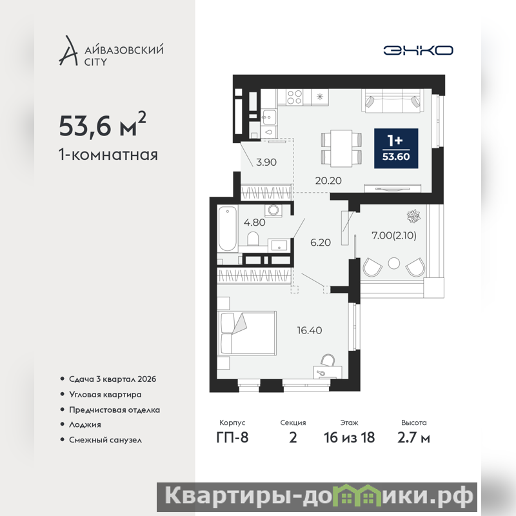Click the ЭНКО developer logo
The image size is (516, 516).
coord(418,50)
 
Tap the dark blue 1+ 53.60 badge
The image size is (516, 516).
coord(396,148)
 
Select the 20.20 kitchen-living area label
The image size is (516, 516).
coord(328,181)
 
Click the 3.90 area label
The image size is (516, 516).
coord(266,162)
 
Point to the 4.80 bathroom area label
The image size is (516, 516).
coord(254,223)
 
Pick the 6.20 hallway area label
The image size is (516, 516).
coord(321,243)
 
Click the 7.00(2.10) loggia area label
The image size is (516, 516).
coord(394,235)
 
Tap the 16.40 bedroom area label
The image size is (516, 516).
coord(310,330)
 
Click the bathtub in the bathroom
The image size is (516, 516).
coord(228,229)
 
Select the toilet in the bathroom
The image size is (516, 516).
coord(253,239)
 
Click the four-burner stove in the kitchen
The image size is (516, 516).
coord(294,97)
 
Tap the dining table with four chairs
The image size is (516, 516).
coord(342,148)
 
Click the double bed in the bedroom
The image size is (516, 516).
coord(248,333)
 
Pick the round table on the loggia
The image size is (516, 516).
coord(394,263)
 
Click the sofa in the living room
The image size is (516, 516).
coord(392,101)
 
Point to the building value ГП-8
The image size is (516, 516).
coord(232,438)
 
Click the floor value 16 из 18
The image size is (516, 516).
coord(349,438)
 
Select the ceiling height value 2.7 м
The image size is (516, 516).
coord(413,438)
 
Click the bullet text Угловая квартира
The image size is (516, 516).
coord(105,394)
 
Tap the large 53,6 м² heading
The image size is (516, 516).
coord(103,124)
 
